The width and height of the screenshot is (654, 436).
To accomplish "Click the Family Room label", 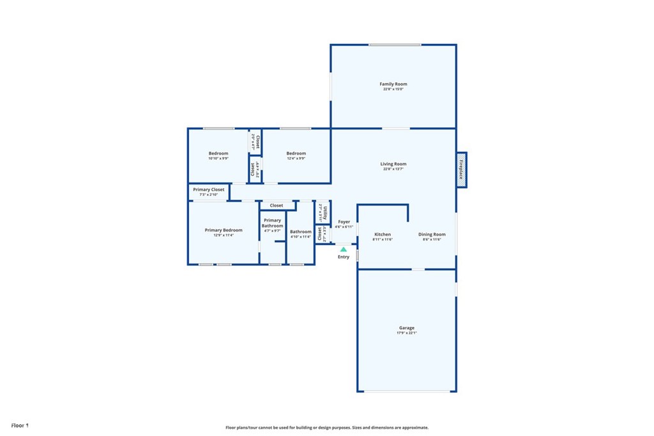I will coord(393,84).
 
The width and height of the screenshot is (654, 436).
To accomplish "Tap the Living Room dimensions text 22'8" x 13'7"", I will coord(393,170).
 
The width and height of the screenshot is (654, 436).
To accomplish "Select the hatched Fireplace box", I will coord(462,170).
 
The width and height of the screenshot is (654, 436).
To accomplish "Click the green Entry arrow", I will coord(344,249).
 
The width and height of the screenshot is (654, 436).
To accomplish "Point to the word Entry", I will coord(344,257).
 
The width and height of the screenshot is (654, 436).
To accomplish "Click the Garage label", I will coord(407,327).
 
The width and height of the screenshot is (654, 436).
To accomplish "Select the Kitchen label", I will coord(382,234).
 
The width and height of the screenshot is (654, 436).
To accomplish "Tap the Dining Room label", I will coord(432,234).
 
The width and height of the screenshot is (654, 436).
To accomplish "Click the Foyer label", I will coord(344,222).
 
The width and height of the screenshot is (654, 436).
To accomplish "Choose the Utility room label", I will coord(325,211).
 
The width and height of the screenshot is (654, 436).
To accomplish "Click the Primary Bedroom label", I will coord(224,230).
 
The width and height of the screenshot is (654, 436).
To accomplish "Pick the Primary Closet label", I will coord(208,190).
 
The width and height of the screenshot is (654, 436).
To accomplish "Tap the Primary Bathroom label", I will coord(272,223).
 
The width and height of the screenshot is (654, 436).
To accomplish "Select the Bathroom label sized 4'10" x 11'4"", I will coord(300,232).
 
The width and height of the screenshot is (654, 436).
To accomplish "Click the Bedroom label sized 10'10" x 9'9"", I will coord(218,153).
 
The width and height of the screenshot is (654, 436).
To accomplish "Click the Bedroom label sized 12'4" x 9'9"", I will coord(296,153).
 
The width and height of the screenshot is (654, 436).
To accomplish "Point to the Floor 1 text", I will coord(20,425).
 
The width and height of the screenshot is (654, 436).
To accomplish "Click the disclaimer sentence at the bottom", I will coord(326,428).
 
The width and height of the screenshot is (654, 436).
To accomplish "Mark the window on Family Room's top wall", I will coord(395,45).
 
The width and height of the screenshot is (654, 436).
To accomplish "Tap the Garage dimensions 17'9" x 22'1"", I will coord(407,333).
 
